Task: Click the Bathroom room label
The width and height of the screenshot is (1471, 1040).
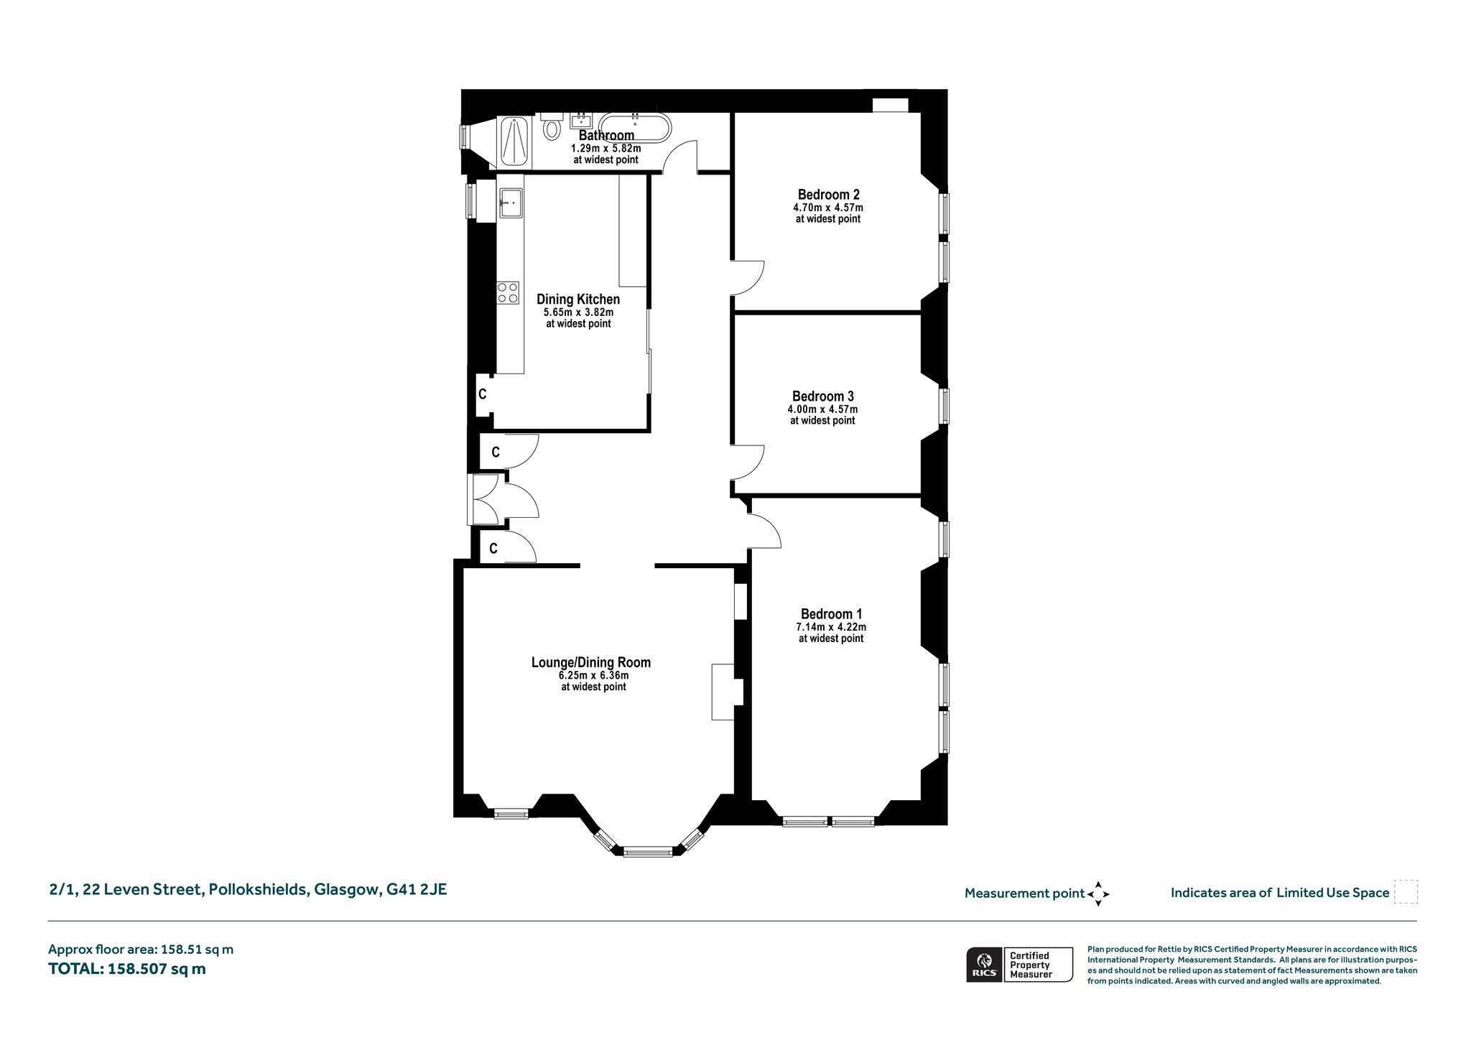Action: coord(606,135)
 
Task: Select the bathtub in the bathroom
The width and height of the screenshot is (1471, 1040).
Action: coord(635,127)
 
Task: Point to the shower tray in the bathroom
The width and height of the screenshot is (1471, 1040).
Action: coord(514,142)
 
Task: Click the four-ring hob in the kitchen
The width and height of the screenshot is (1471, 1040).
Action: coord(509,292)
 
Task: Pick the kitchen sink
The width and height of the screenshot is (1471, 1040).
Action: coord(511,203)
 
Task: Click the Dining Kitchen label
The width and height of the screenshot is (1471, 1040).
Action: coord(578,300)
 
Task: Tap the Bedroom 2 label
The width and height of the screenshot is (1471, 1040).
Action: coord(828,195)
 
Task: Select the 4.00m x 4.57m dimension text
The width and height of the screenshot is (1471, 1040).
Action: coord(822,409)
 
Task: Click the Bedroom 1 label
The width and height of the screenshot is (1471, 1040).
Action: coord(831,614)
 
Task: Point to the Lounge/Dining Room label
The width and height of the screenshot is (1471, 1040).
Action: coord(591,662)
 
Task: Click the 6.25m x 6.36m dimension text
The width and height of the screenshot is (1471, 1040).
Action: coord(593,676)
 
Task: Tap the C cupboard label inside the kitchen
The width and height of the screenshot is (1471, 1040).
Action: coord(483,394)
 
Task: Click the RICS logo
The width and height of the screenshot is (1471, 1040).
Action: coord(984,965)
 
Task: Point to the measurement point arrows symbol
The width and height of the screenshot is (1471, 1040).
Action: coord(1098,894)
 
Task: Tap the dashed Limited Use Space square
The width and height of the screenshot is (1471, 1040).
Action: coord(1406,892)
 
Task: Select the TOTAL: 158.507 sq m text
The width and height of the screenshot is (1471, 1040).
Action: coord(127,969)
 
